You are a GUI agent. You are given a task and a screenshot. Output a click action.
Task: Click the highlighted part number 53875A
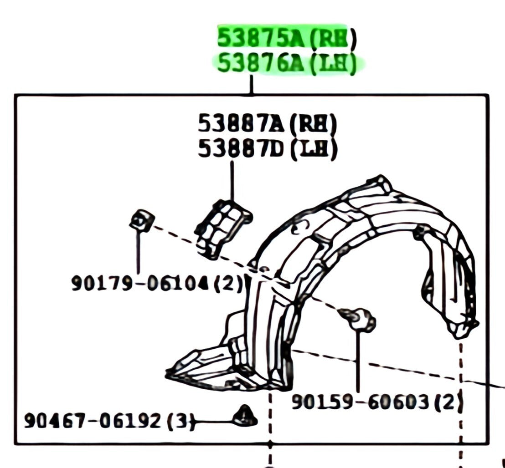coord(261,38)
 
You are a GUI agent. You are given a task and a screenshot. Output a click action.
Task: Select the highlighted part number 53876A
coord(261,64)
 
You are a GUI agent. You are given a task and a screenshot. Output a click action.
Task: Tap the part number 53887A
coord(241,123)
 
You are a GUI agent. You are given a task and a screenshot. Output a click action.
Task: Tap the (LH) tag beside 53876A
coord(333,65)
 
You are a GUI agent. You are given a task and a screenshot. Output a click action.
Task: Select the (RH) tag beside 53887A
coord(313,124)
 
